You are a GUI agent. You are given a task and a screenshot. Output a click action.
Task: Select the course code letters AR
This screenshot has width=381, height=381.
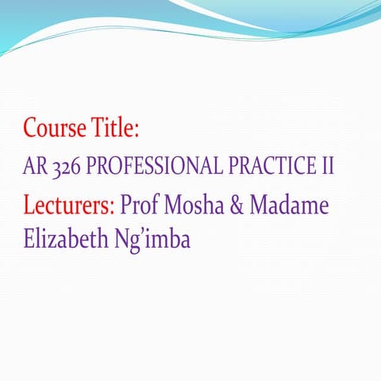[x=34, y=167]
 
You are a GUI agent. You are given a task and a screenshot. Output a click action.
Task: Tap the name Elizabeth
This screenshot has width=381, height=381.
[x=65, y=238]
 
